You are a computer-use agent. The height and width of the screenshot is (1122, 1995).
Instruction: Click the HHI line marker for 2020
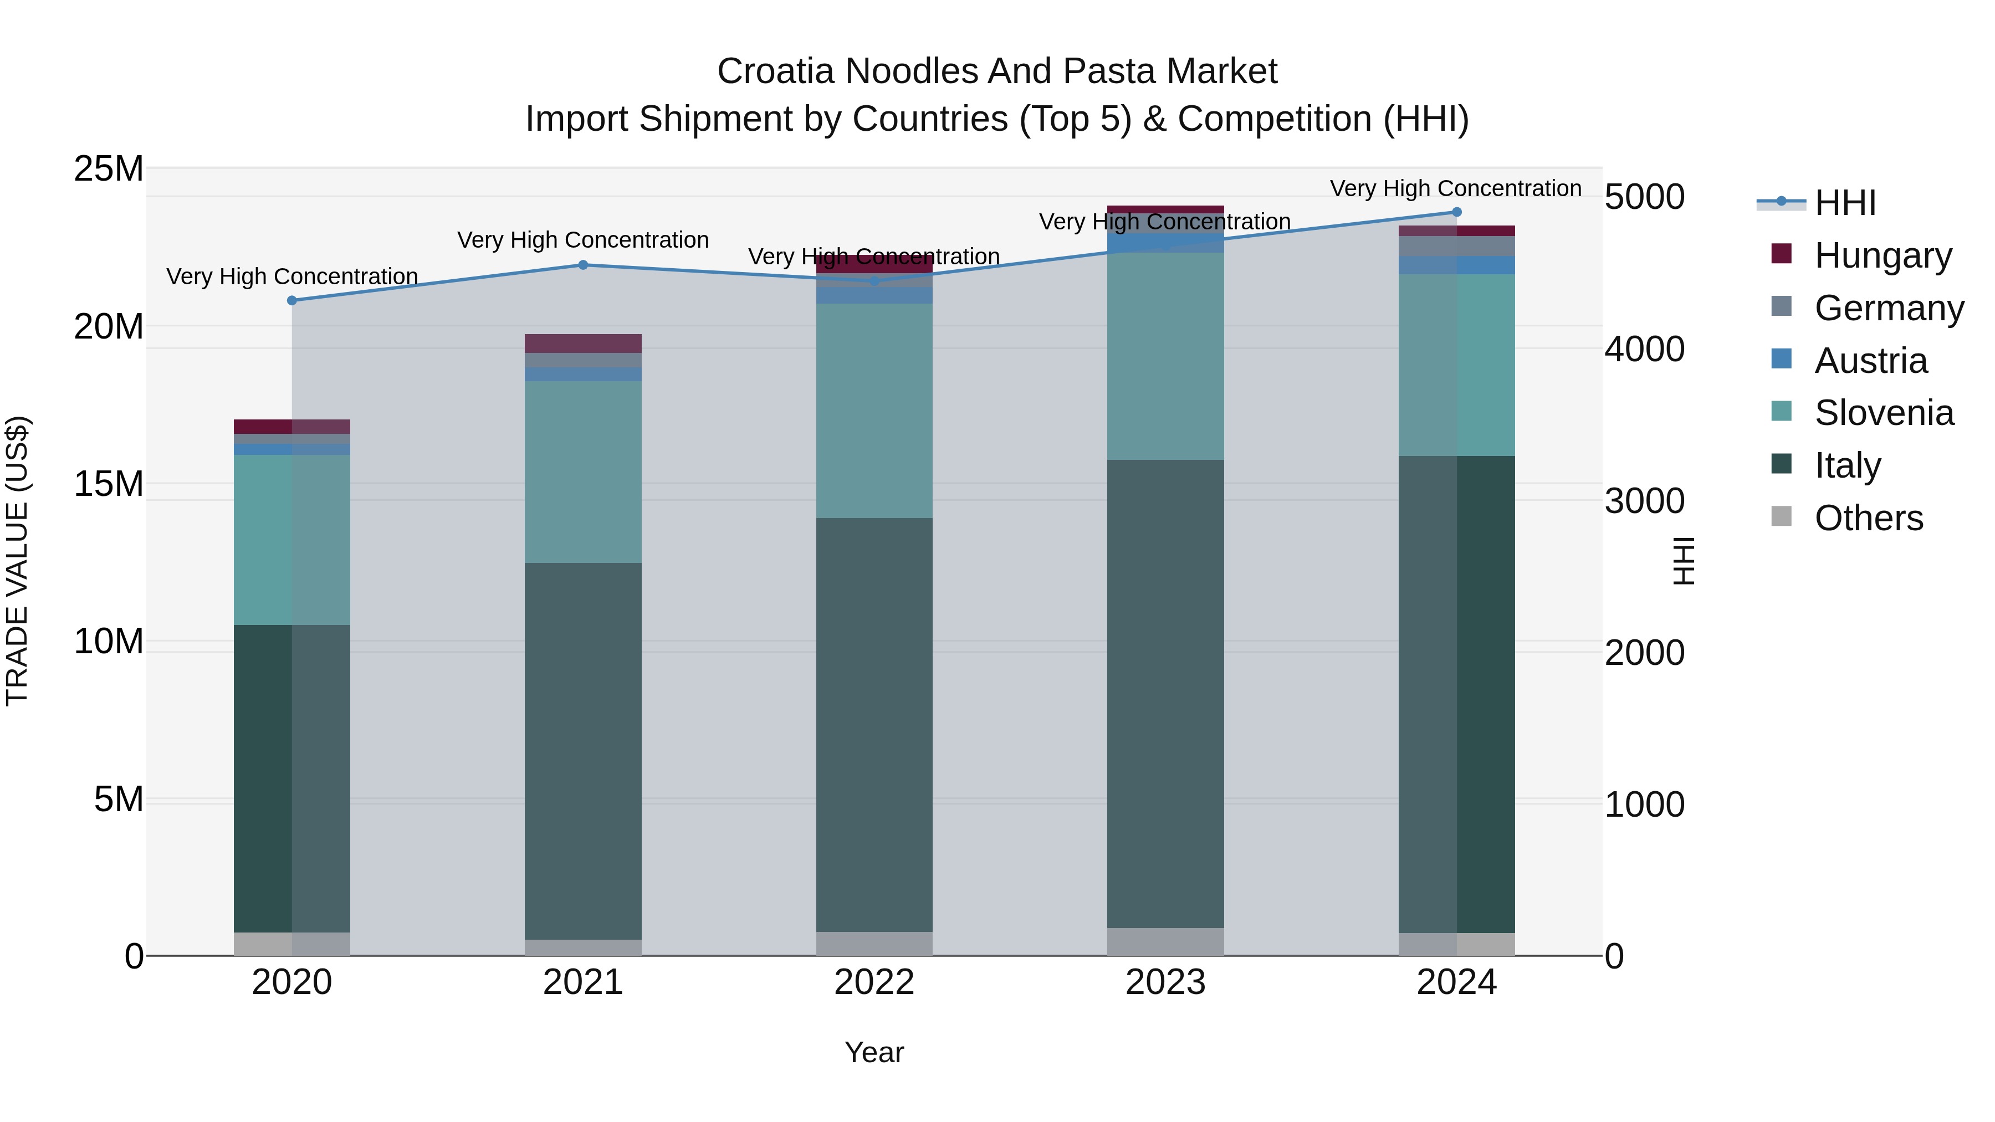[292, 300]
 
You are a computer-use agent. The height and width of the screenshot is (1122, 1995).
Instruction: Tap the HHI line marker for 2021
[583, 265]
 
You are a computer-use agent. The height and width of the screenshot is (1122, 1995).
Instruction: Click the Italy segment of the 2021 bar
[583, 751]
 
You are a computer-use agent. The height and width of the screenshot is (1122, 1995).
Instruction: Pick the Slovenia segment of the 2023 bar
[1165, 356]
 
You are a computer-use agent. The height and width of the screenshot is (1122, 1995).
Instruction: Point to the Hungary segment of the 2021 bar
[583, 344]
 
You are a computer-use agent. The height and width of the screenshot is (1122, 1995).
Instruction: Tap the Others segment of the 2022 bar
[874, 943]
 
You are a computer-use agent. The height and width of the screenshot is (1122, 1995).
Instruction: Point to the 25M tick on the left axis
[109, 169]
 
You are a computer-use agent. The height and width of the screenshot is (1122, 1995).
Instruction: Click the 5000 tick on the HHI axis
[1644, 197]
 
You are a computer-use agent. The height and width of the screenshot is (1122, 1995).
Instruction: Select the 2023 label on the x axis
[1165, 982]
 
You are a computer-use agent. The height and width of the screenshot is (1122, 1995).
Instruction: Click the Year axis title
[874, 1052]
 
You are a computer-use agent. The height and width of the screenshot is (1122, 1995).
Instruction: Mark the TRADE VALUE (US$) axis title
[17, 561]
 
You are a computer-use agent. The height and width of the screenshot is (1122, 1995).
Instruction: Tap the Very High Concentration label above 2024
[1455, 188]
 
